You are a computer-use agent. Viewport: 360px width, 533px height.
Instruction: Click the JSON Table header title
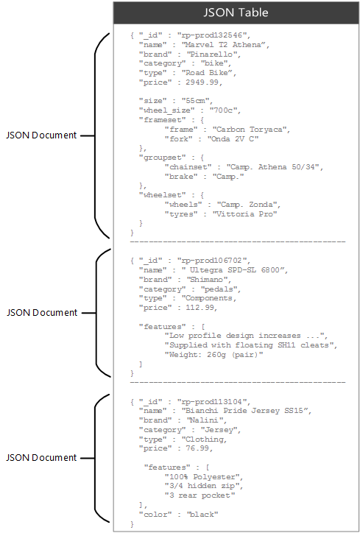[x=236, y=13]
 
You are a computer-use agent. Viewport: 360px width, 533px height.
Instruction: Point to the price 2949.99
[x=198, y=82]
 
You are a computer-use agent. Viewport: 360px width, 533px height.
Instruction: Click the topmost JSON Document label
[x=41, y=135]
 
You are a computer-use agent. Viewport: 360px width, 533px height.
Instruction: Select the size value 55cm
[x=191, y=101]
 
